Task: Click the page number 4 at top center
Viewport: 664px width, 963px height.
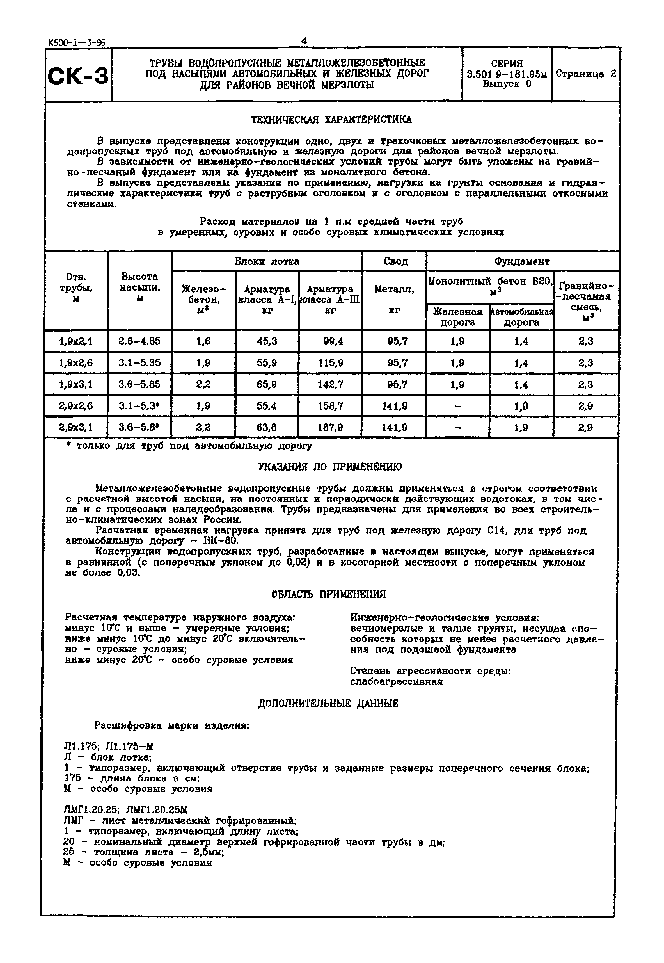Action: pyautogui.click(x=304, y=40)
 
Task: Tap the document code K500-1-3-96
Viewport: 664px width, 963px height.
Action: pyautogui.click(x=77, y=42)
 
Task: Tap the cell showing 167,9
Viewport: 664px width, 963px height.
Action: pyautogui.click(x=330, y=427)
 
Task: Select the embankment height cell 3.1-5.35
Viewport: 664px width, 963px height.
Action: pyautogui.click(x=139, y=363)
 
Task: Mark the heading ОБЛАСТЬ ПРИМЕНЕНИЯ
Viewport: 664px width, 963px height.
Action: pyautogui.click(x=328, y=594)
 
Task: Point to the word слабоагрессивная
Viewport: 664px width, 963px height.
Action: pyautogui.click(x=396, y=682)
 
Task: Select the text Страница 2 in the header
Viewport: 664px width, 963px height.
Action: pyautogui.click(x=585, y=74)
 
